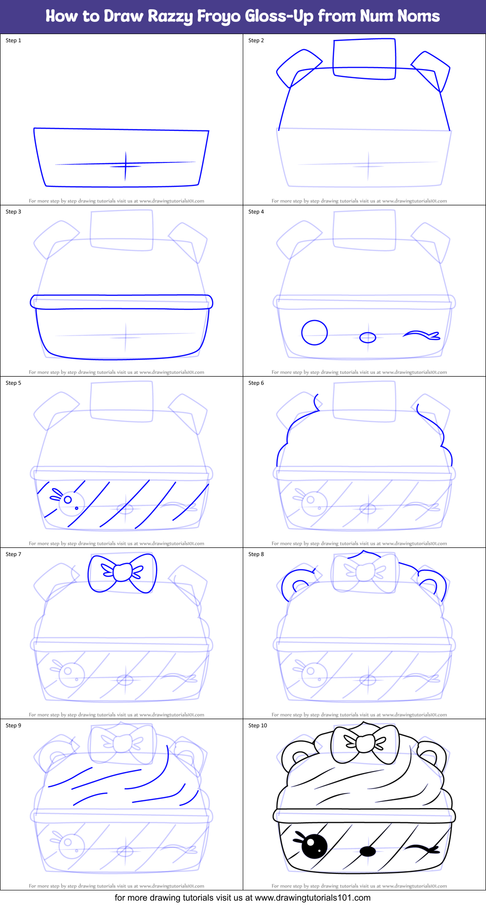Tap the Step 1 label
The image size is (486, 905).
coord(13,40)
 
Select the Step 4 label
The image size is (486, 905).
coord(256,212)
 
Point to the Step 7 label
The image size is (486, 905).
coord(13,554)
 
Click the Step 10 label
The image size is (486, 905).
coord(257,725)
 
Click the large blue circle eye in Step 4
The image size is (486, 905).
coord(314,333)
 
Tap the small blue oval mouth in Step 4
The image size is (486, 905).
coord(368,337)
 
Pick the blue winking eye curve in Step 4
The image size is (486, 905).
coord(421,335)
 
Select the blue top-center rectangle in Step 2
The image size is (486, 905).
coord(364,59)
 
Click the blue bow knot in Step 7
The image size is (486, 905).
coord(122,572)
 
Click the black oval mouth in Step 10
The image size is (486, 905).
coord(368,851)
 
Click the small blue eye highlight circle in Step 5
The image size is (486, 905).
coord(68,500)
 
